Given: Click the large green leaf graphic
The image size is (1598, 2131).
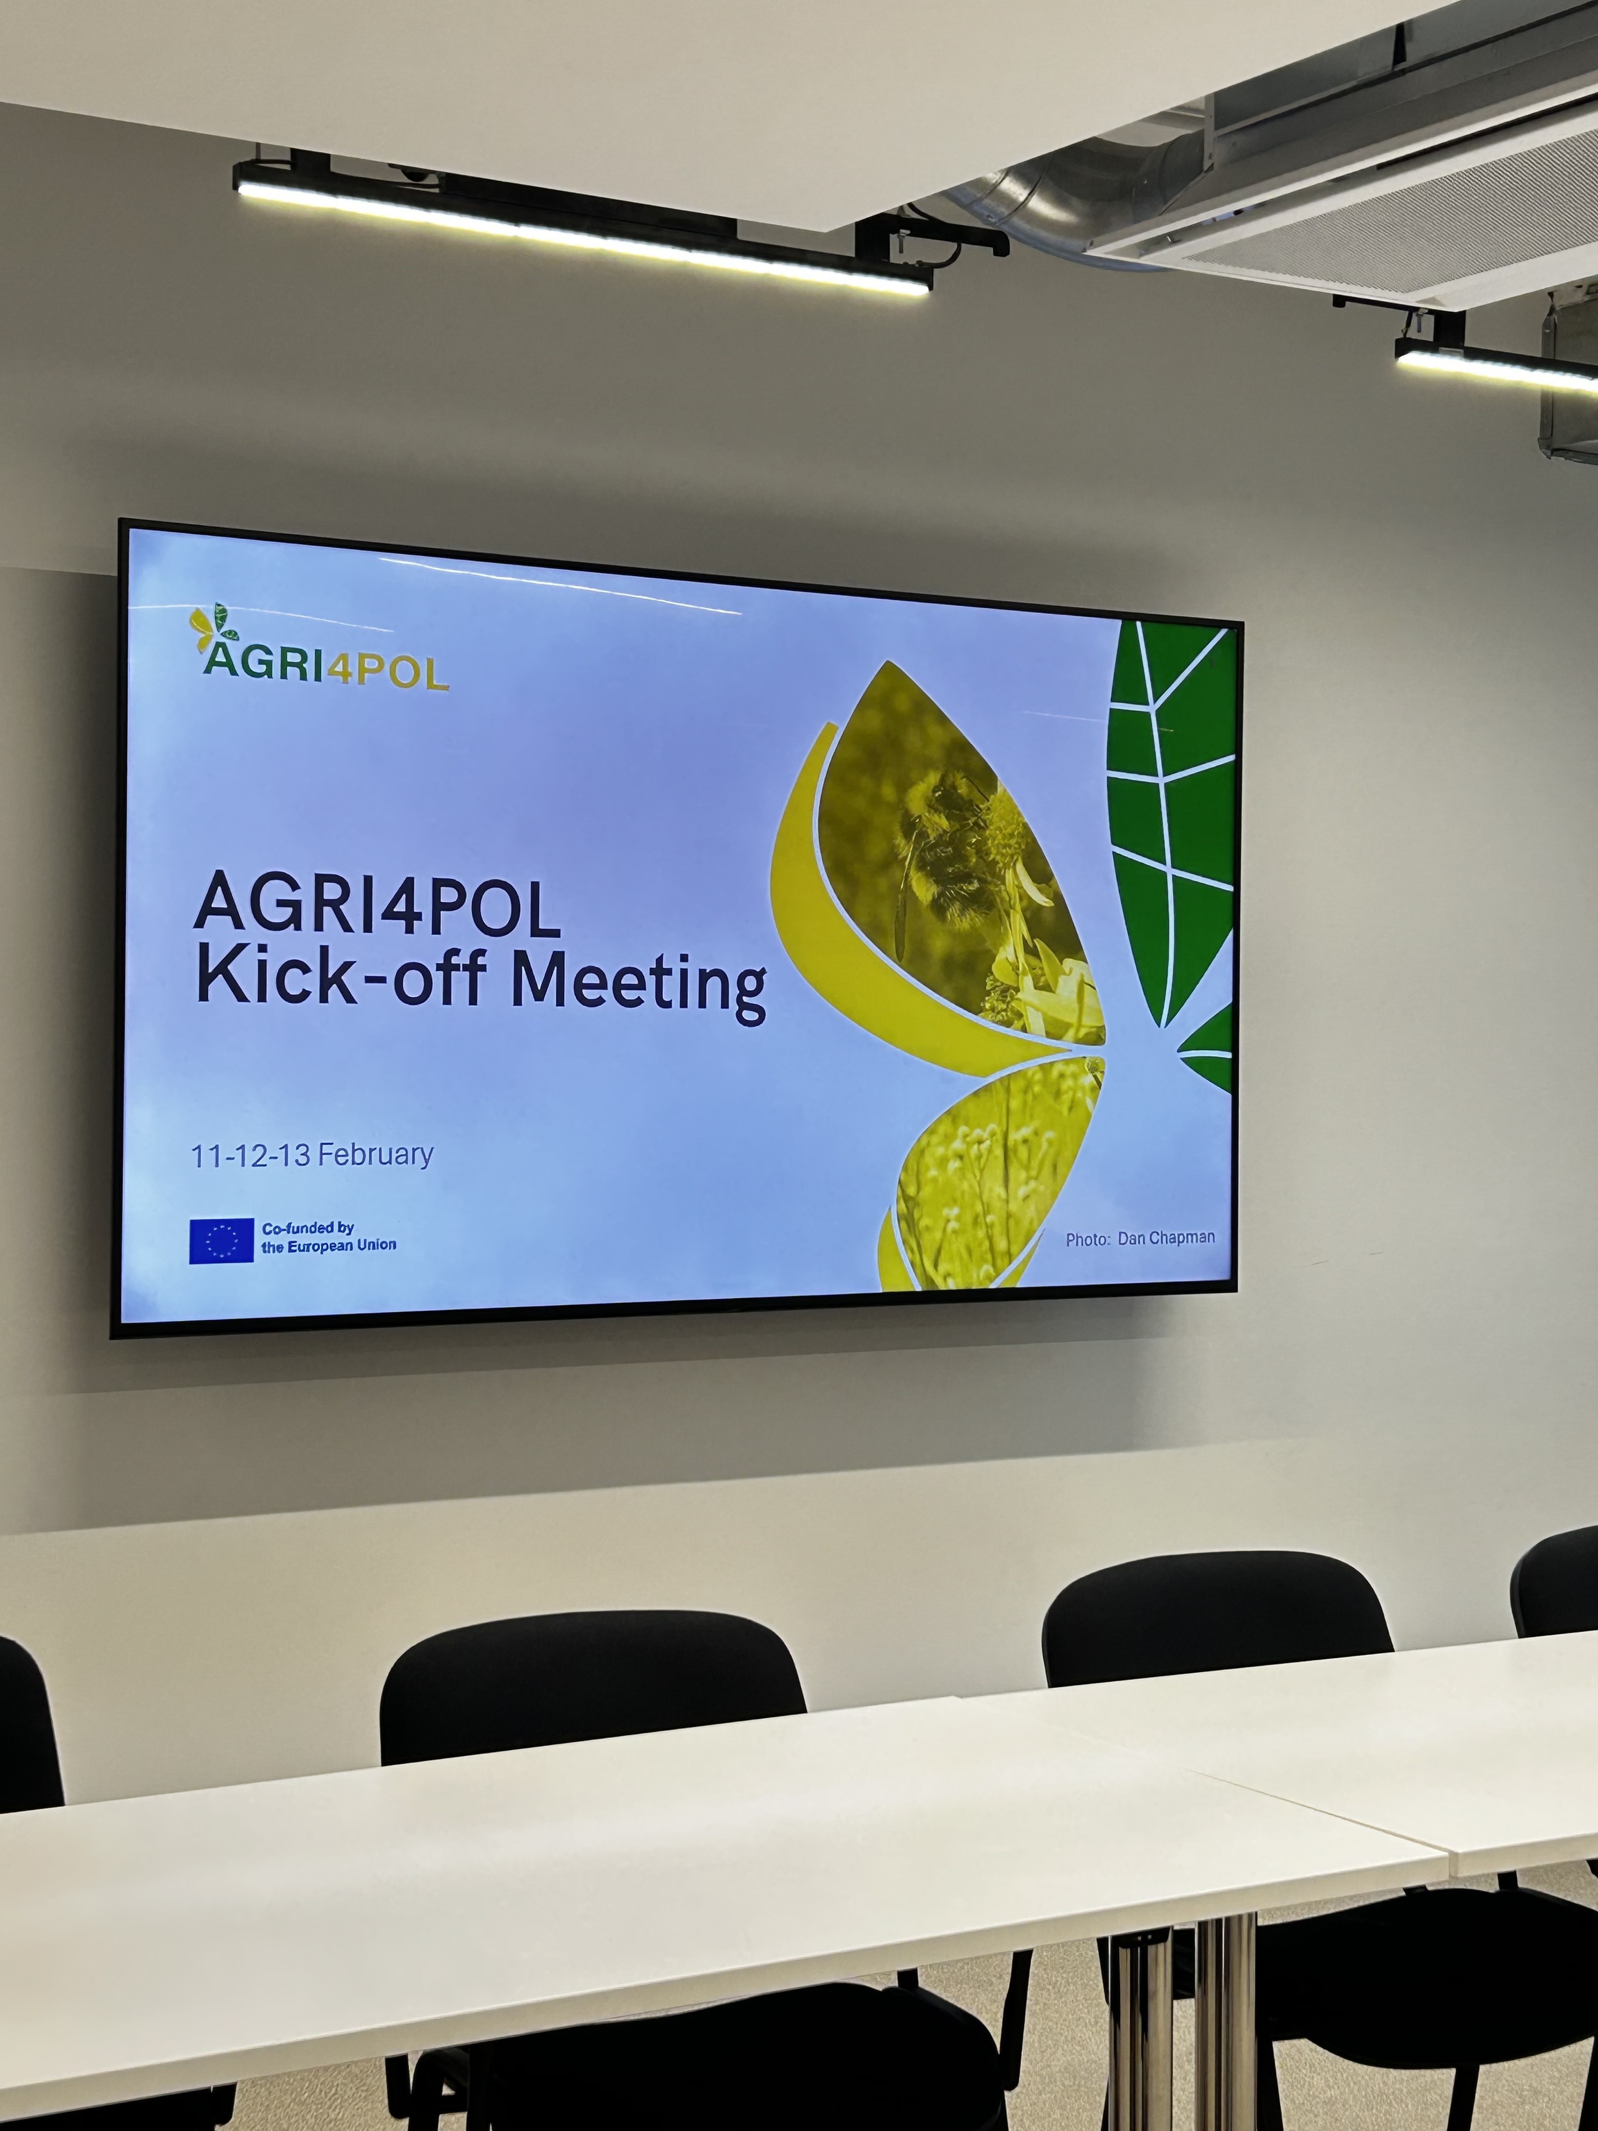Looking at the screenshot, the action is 1170,823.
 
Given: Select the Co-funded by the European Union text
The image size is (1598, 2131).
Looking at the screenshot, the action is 329,1237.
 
